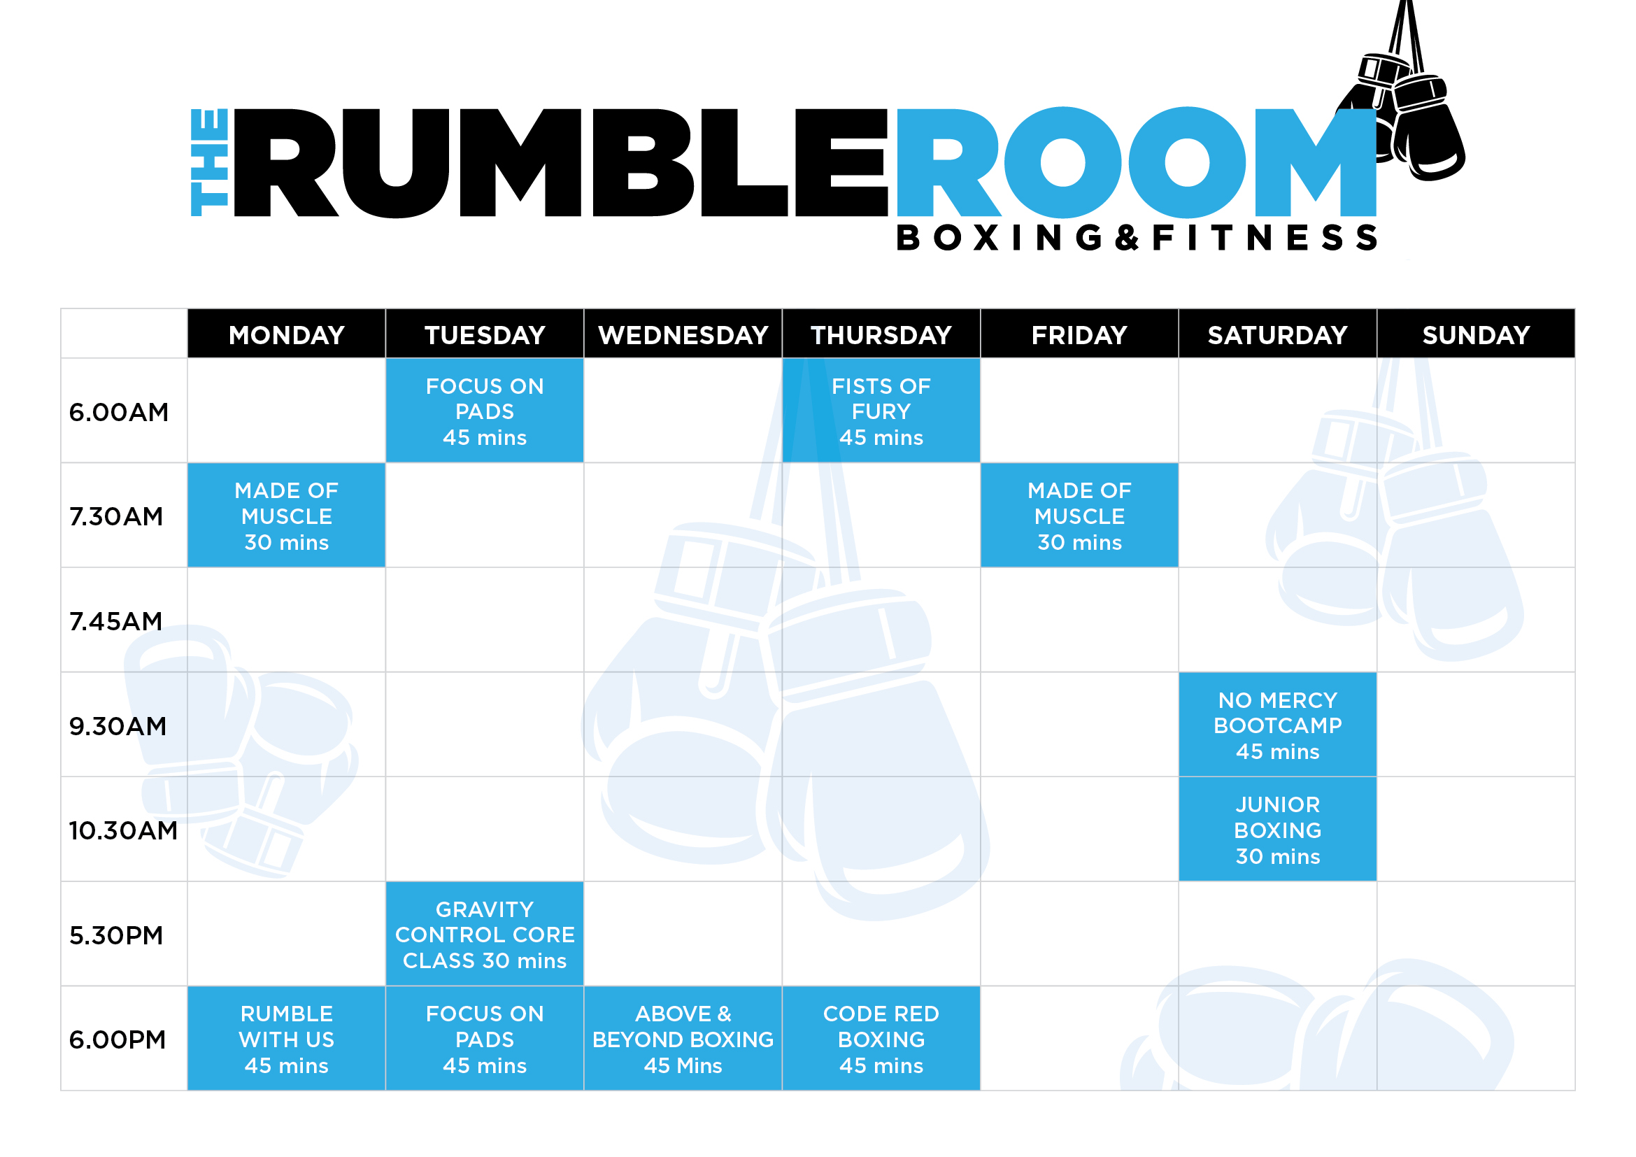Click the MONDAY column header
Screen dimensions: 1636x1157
click(x=287, y=334)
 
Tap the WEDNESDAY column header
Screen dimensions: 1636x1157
click(x=683, y=334)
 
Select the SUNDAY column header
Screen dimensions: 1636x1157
click(x=1476, y=334)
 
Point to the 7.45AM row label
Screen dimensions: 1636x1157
click(x=116, y=621)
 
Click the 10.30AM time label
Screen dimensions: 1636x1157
click(x=123, y=831)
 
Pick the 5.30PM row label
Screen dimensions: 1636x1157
click(x=116, y=935)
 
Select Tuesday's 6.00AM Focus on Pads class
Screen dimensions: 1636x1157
click(x=485, y=411)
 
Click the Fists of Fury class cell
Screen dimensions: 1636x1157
click(x=881, y=411)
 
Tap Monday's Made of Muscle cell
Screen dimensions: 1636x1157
click(x=287, y=515)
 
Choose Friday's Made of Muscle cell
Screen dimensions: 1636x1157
click(x=1079, y=515)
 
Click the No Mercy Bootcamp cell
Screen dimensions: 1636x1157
click(x=1278, y=725)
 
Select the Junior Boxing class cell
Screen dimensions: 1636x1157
click(x=1278, y=830)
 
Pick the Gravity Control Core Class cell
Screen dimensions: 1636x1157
click(x=485, y=934)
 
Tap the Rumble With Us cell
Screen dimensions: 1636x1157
click(x=287, y=1039)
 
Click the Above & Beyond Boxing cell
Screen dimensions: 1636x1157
click(x=683, y=1039)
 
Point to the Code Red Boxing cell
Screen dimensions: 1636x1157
click(x=881, y=1039)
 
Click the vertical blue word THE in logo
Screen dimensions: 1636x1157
click(x=210, y=162)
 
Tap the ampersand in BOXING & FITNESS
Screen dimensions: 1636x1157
click(x=1128, y=238)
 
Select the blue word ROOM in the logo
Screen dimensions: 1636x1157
click(x=1137, y=162)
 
